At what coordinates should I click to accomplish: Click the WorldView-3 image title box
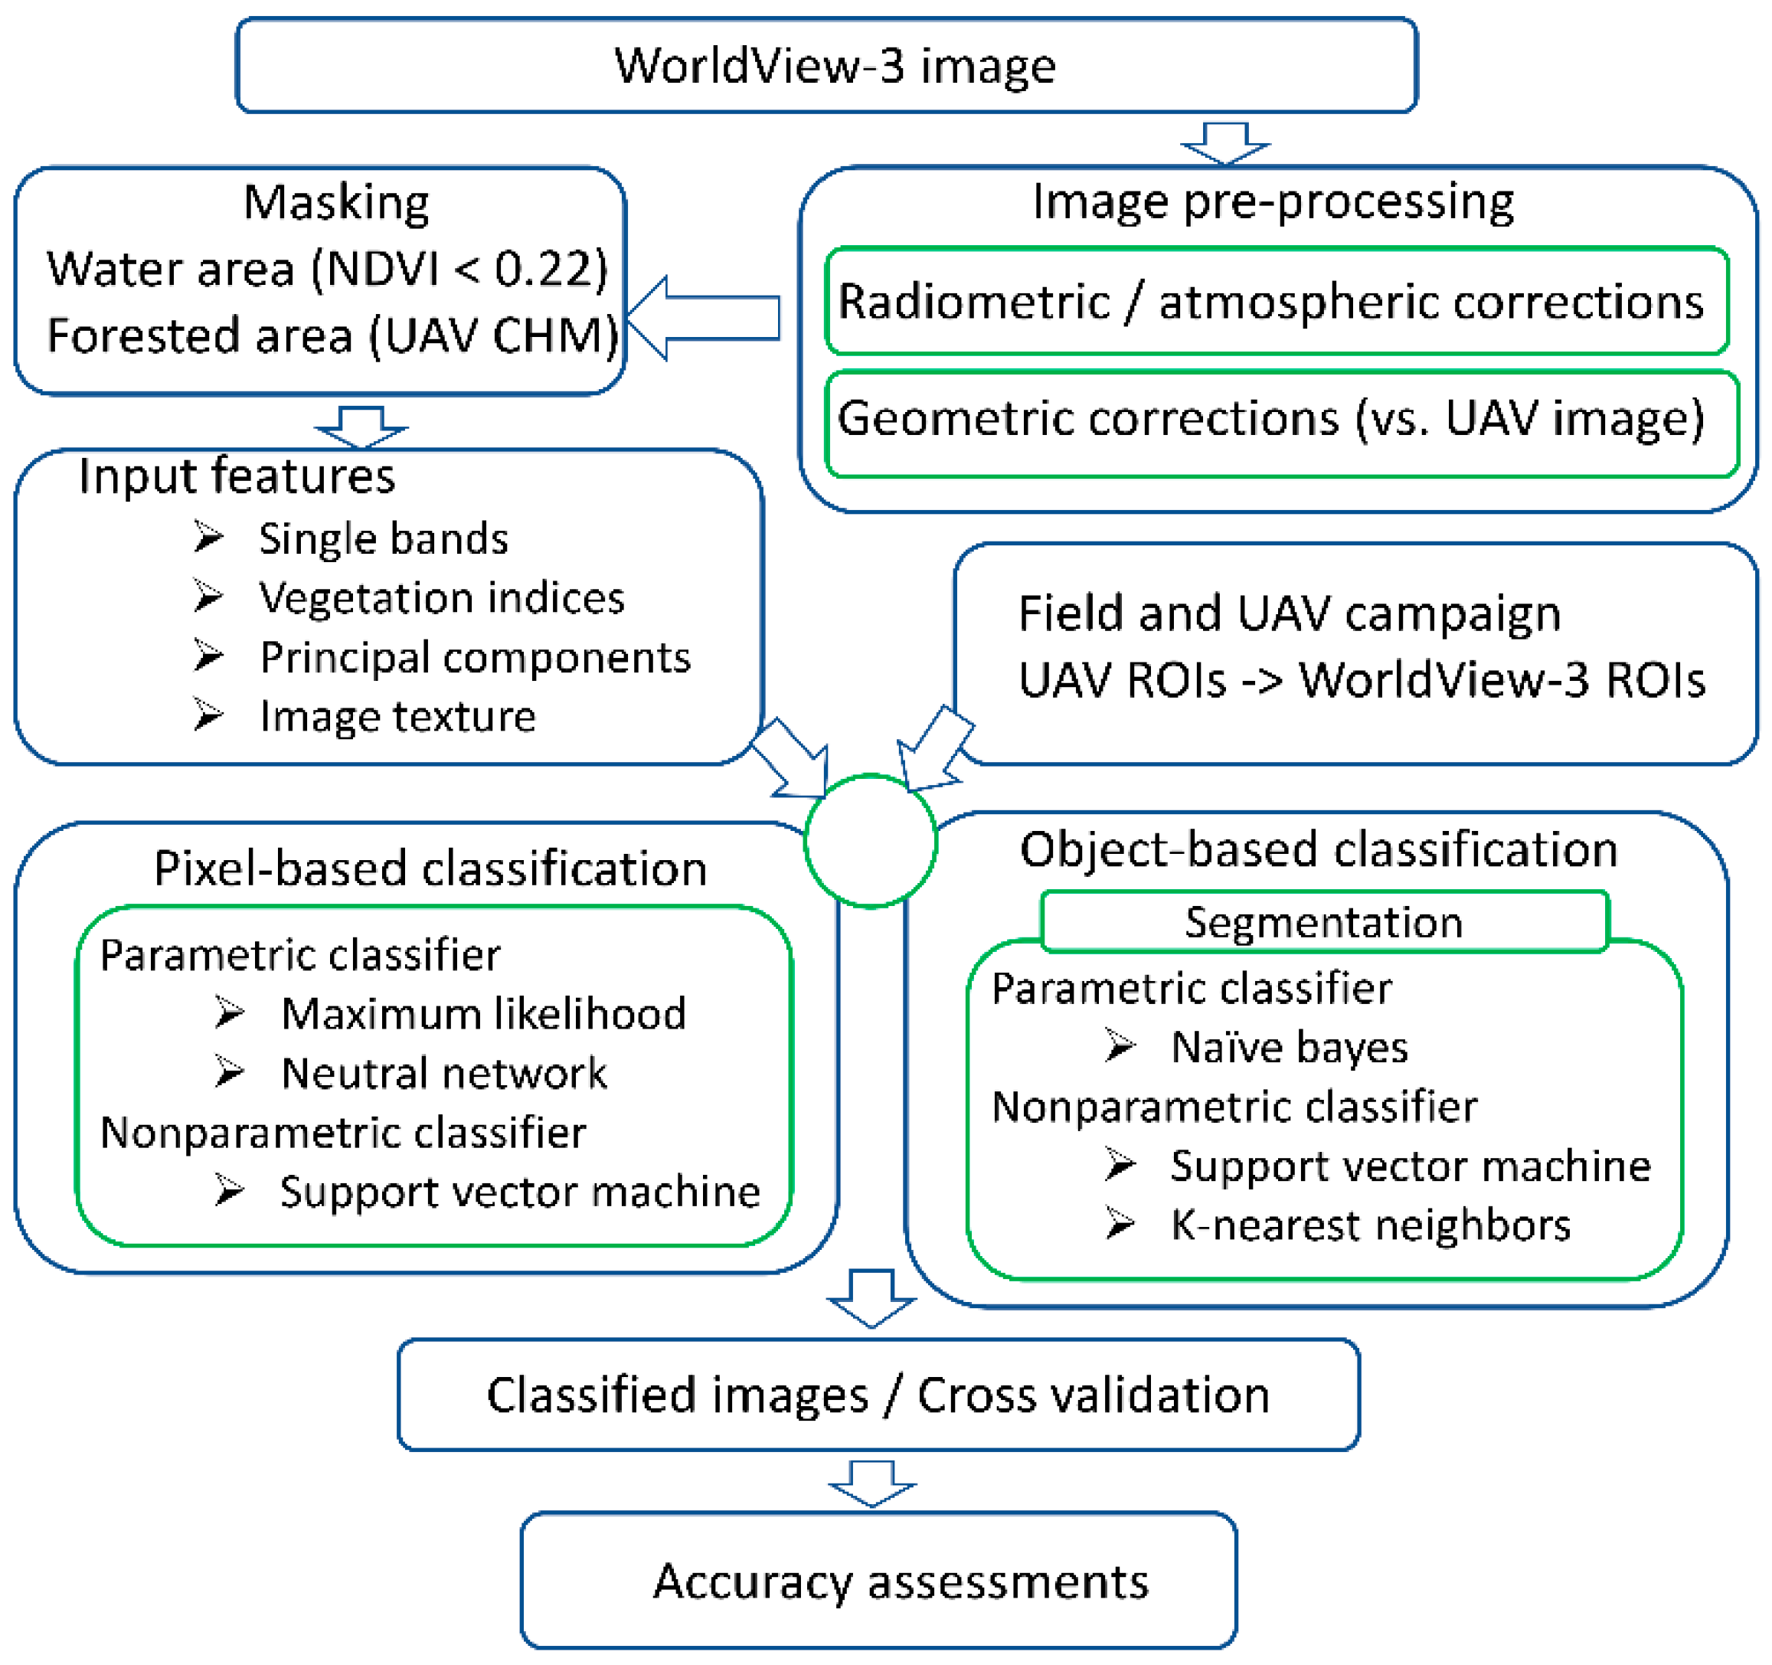[826, 65]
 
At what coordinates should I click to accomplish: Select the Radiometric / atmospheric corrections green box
[1277, 301]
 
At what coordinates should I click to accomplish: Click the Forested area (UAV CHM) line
[332, 336]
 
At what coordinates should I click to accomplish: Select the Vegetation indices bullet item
[441, 597]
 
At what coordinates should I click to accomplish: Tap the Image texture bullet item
[397, 716]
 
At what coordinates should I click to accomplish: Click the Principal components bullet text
[475, 657]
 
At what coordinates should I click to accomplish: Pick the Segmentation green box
[1324, 921]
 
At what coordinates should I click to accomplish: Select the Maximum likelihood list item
[483, 1013]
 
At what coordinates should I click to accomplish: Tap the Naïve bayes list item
[1289, 1046]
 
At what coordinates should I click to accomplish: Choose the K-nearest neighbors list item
[1370, 1225]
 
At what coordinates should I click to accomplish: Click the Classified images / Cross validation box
[878, 1395]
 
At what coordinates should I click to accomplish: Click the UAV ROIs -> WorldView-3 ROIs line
[1361, 679]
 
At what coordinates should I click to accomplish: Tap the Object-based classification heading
[1319, 849]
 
